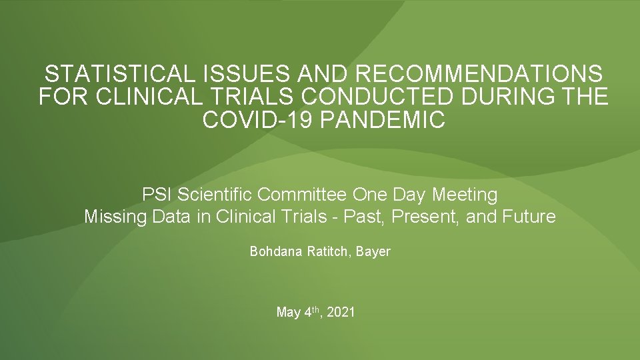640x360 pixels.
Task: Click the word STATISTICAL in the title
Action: point(106,73)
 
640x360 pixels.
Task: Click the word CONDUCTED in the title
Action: point(381,97)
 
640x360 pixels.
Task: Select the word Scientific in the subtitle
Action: point(213,195)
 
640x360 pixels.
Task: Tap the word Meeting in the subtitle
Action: point(465,195)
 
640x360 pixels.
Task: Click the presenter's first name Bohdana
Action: point(275,252)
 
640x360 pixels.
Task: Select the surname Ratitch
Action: point(327,252)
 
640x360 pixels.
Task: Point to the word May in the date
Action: point(288,312)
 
